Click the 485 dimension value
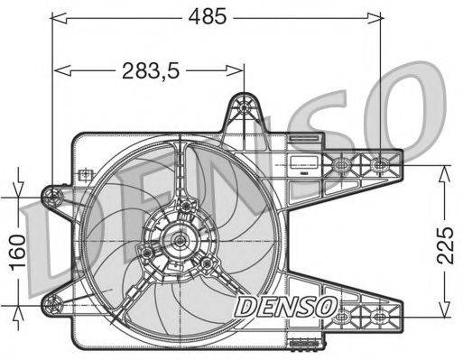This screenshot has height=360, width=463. click(x=208, y=16)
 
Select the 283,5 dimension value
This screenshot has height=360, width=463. click(x=151, y=71)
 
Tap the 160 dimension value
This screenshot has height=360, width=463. click(x=17, y=252)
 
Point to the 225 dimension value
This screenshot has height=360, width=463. click(x=445, y=245)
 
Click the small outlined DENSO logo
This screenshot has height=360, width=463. click(x=285, y=307)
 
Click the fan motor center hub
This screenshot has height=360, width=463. click(x=180, y=240)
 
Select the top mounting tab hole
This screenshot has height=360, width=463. click(x=244, y=106)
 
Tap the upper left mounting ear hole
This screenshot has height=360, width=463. click(x=53, y=197)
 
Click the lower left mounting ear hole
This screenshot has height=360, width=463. click(x=52, y=304)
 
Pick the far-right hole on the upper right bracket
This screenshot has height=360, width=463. click(x=379, y=164)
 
